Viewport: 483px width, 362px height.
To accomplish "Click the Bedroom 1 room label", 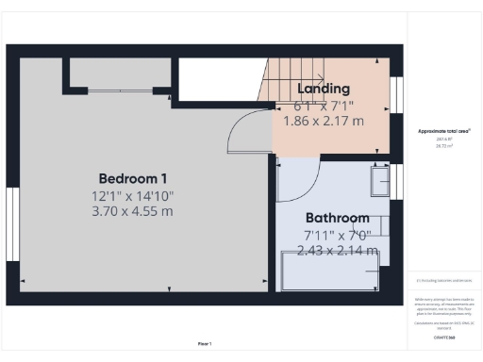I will (133, 178).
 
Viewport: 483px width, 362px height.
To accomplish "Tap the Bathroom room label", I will (337, 217).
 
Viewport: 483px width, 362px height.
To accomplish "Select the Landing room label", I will (324, 89).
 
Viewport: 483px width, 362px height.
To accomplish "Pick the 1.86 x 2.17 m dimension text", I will (325, 122).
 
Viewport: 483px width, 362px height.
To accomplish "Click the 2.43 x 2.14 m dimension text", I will (337, 251).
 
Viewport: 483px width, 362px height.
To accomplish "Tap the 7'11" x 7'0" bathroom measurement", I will (337, 234).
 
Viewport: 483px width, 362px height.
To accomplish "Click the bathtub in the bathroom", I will (331, 271).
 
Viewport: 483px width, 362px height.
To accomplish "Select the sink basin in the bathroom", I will (379, 179).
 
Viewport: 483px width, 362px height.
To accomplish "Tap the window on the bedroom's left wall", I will (12, 224).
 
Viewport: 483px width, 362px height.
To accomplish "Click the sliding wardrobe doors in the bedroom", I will (122, 91).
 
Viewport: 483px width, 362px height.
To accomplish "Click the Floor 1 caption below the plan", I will (205, 343).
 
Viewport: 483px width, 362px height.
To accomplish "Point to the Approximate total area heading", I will (444, 131).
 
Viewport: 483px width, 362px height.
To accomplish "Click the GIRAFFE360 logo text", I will (444, 336).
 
